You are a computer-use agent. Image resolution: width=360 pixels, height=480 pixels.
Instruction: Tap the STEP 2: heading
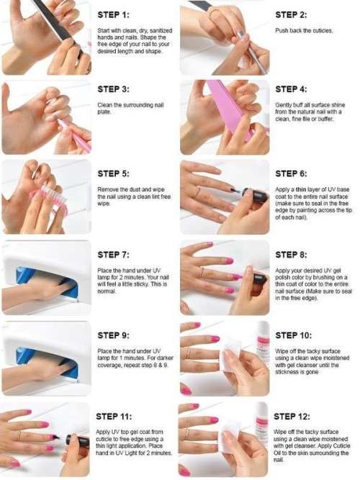pyautogui.click(x=294, y=14)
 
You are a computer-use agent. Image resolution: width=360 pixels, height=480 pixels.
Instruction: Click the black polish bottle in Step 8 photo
pyautogui.click(x=258, y=278)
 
